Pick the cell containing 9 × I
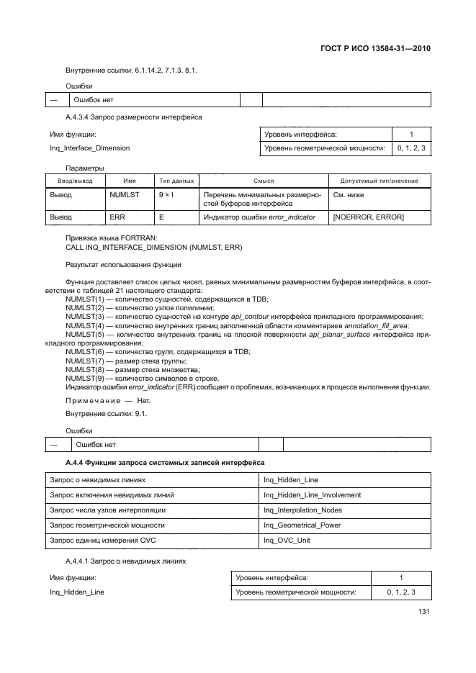[166, 195]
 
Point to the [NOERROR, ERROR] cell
[367, 217]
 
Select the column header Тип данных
[176, 181]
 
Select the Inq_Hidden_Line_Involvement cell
[312, 494]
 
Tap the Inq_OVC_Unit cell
[287, 540]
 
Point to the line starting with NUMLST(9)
[141, 379]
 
